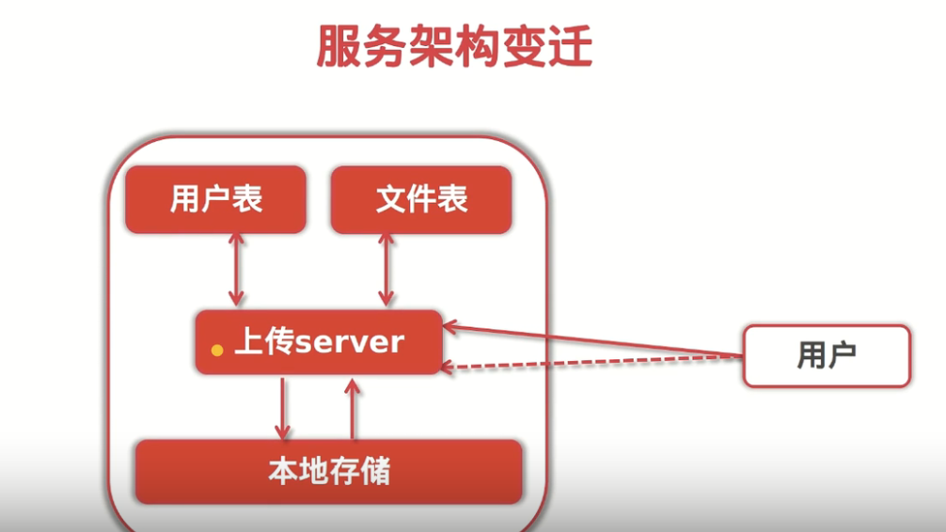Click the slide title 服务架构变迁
coord(454,47)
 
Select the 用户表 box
coord(215,199)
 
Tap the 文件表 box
coord(421,199)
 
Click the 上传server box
coord(319,342)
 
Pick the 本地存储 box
coord(328,471)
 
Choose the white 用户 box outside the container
coord(827,355)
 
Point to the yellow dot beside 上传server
coord(217,350)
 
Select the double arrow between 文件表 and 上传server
coord(385,269)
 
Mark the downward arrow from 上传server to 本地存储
coord(282,408)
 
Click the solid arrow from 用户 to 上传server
coord(592,340)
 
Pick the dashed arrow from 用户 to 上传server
coord(592,363)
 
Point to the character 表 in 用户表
coord(246,199)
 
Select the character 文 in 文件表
coord(390,199)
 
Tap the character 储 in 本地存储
coord(374,471)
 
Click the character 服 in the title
coord(338,47)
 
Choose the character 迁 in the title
coord(570,47)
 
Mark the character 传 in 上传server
coord(279,341)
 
